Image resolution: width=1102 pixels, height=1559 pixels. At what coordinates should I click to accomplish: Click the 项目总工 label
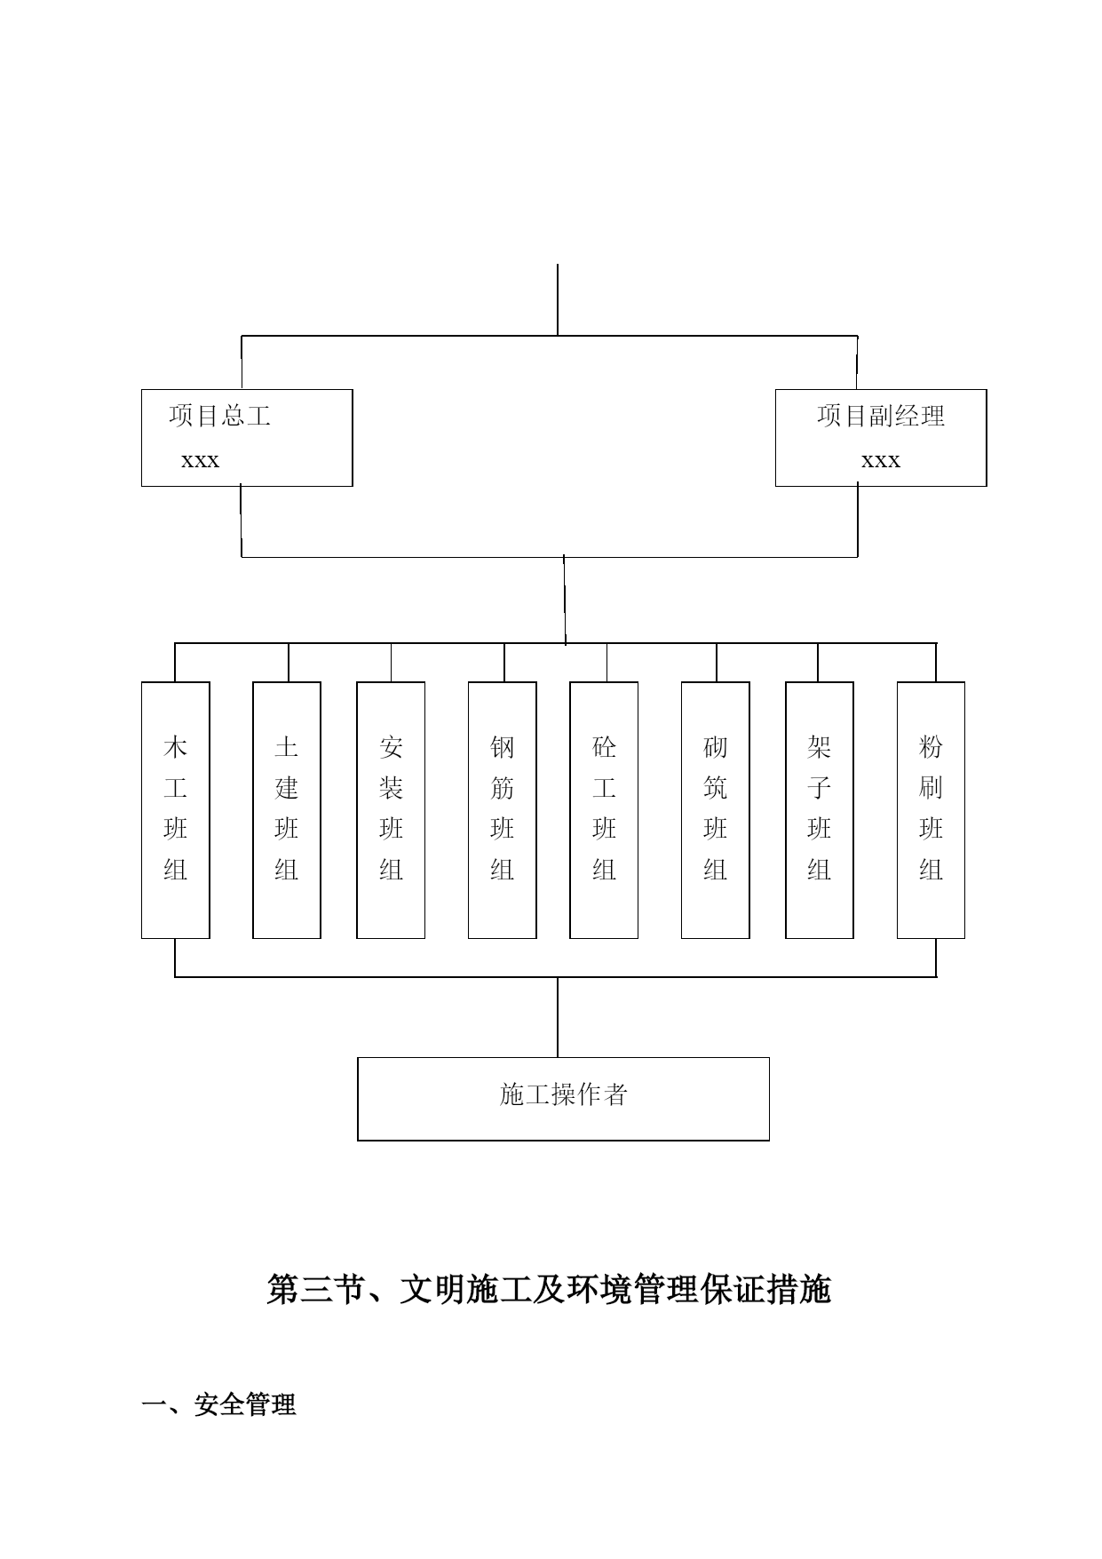219,416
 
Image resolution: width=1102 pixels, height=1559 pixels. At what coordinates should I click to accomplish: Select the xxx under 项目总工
200,460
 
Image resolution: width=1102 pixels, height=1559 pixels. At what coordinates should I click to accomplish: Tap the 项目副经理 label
881,416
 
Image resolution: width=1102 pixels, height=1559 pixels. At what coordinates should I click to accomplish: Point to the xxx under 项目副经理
881,460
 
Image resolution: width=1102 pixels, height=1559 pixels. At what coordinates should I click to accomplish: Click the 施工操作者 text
564,1094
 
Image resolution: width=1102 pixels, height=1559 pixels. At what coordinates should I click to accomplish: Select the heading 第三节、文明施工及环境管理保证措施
549,1290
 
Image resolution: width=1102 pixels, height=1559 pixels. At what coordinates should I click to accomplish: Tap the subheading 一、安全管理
219,1404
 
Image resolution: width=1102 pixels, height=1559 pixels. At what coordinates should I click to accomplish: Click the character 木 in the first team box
176,747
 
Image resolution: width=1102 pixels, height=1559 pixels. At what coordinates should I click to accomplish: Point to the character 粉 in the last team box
931,747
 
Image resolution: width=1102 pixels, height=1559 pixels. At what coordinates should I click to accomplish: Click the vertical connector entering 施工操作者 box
558,1017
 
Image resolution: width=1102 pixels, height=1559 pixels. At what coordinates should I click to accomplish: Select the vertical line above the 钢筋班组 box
504,663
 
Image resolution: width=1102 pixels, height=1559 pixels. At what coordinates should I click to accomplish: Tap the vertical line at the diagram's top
558,300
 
